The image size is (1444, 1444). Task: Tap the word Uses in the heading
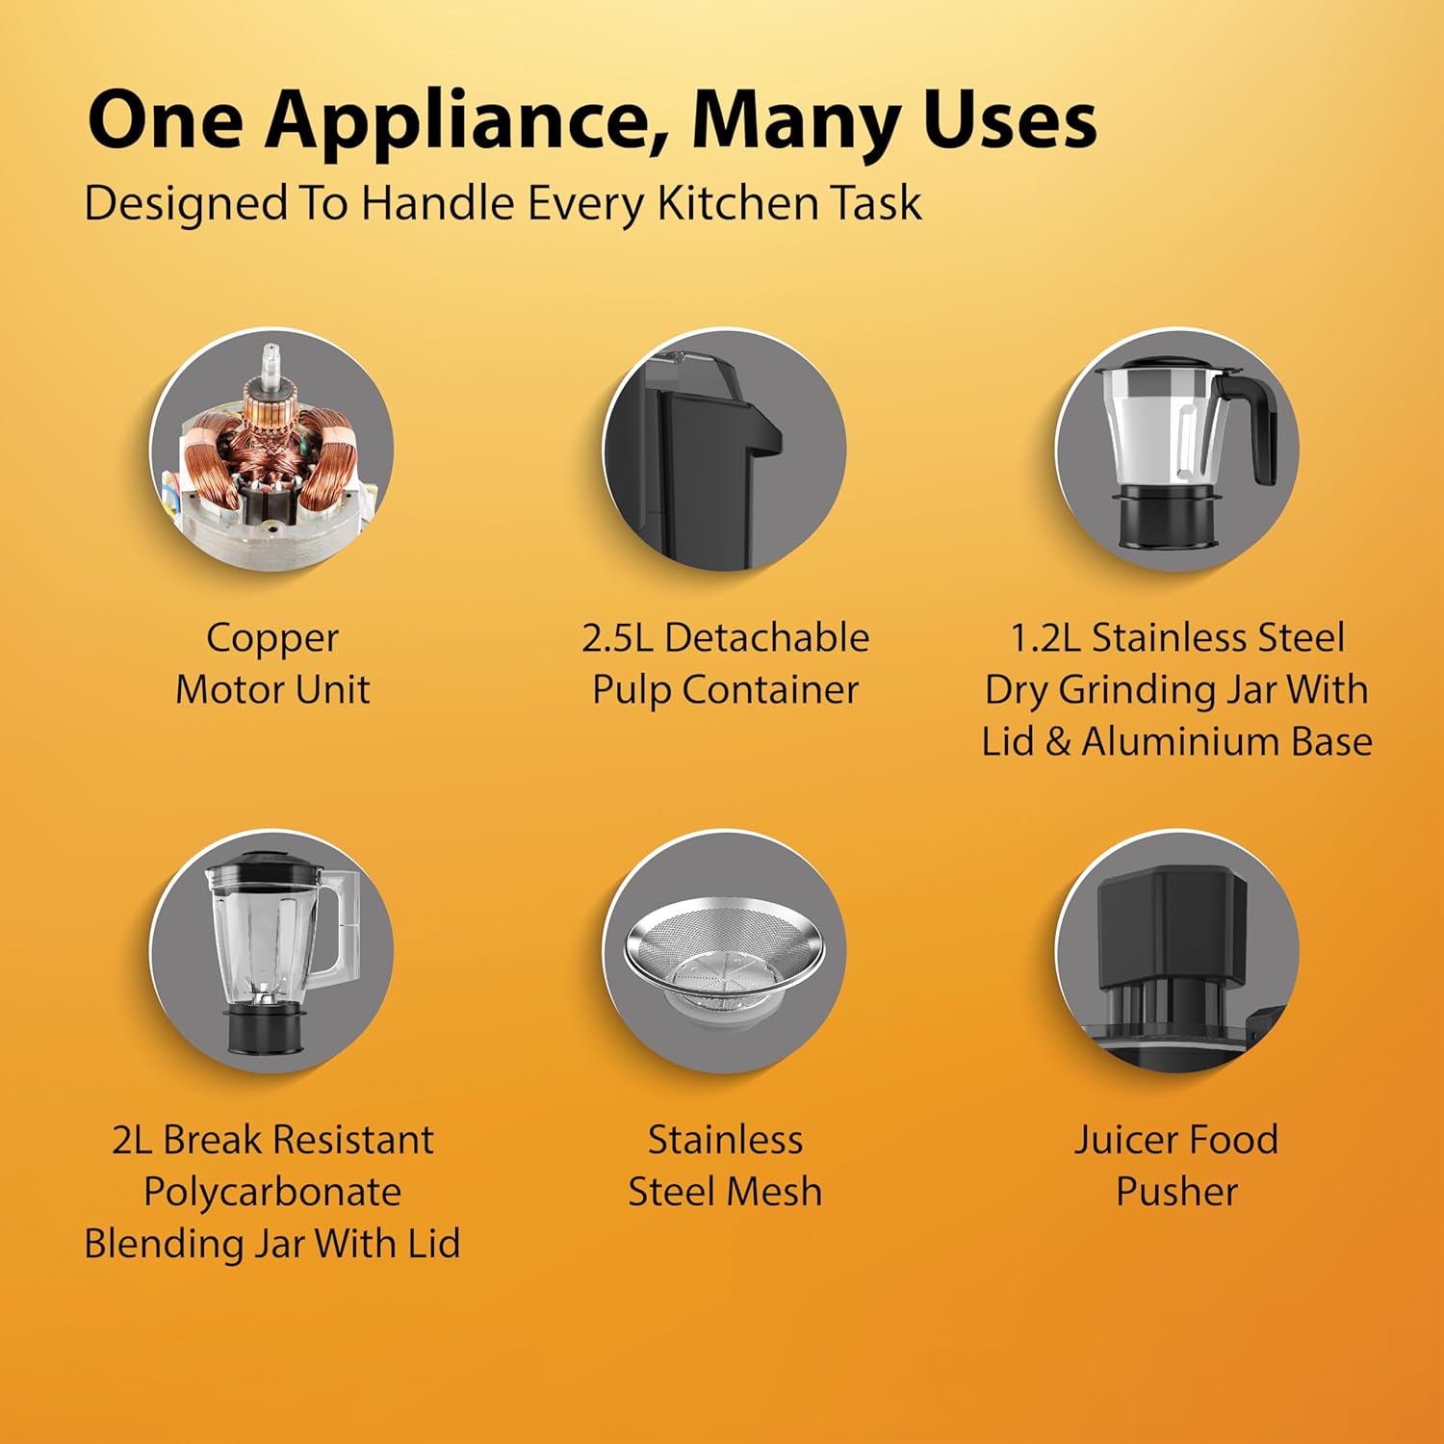point(1009,119)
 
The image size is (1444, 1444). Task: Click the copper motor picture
point(271,450)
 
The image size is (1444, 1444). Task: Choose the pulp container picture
point(724,450)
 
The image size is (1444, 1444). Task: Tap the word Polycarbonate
point(272,1193)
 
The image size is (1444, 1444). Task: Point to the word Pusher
point(1176,1192)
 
